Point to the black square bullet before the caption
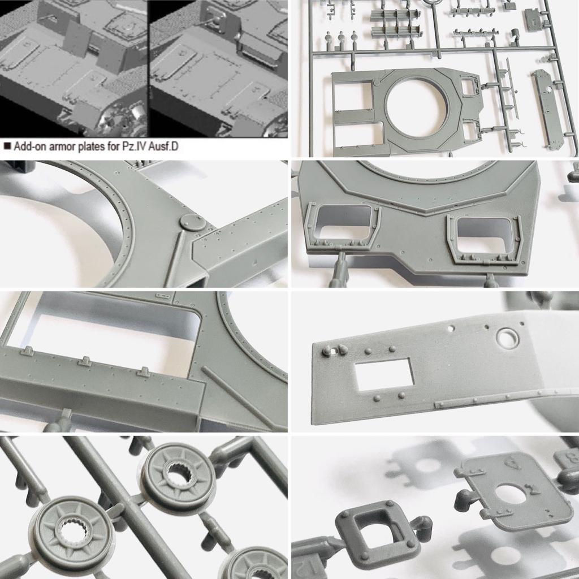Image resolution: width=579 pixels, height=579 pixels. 7,146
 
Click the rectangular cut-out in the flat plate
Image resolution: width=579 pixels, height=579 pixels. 384,374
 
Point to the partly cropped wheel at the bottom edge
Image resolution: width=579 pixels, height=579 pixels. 256,565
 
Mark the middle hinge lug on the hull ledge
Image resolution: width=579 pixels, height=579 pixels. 85,361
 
